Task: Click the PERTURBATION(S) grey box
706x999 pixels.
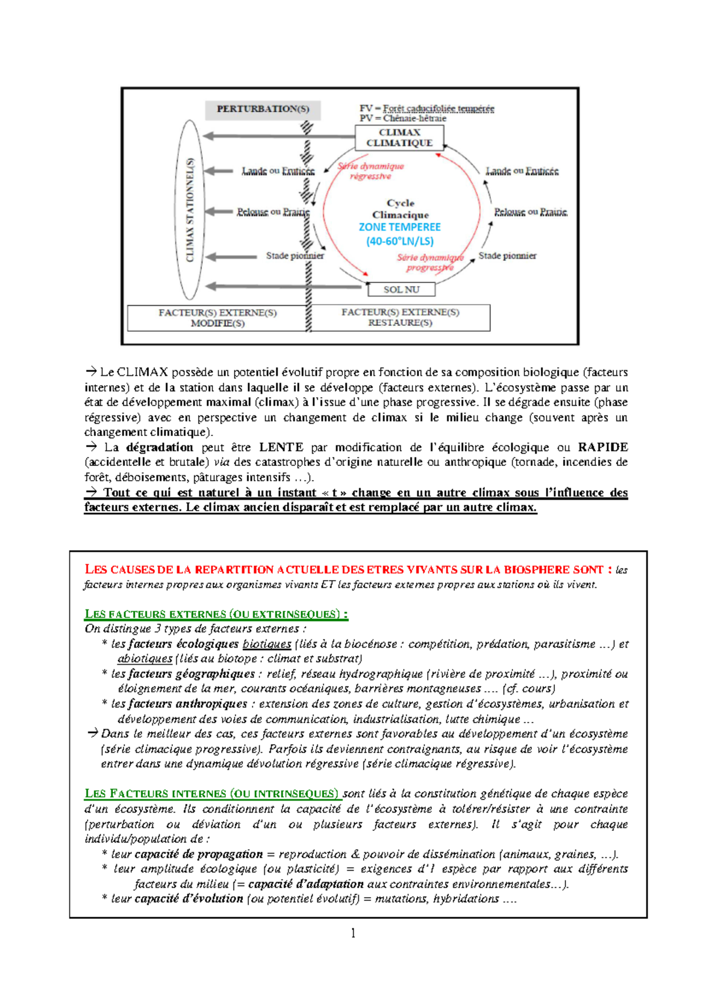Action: click(x=263, y=109)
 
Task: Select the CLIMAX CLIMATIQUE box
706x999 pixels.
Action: click(x=399, y=138)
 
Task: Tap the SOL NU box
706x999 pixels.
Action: click(x=401, y=289)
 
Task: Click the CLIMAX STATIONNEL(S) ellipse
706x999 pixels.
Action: click(x=189, y=209)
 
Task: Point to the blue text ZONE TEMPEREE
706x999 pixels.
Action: click(x=399, y=227)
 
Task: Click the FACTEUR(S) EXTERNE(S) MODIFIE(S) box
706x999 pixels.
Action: click(x=218, y=318)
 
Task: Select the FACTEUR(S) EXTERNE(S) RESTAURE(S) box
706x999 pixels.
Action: click(x=400, y=318)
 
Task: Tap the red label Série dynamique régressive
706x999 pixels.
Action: click(x=371, y=171)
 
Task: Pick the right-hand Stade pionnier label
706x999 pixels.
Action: click(x=507, y=256)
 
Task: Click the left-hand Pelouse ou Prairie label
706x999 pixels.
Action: click(x=273, y=212)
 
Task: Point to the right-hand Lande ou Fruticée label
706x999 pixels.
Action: click(x=522, y=171)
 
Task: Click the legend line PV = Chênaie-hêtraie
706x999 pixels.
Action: click(x=403, y=118)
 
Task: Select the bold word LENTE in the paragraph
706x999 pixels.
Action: click(x=281, y=447)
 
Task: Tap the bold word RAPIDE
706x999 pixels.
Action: click(x=602, y=447)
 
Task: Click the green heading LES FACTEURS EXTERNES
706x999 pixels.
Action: click(x=216, y=614)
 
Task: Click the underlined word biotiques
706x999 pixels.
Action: click(x=267, y=644)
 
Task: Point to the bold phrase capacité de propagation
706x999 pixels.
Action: click(x=198, y=854)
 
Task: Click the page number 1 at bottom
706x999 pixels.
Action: click(x=353, y=933)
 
